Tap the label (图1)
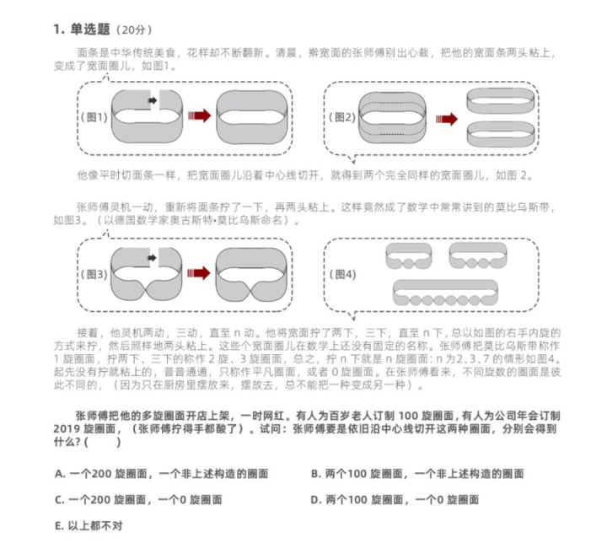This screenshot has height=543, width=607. (x=94, y=117)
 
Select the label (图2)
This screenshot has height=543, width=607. (x=345, y=117)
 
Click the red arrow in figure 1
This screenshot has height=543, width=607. (x=199, y=116)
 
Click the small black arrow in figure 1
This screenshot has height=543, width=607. (x=153, y=100)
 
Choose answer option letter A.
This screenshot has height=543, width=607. (x=59, y=473)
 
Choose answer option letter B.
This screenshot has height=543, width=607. (x=314, y=473)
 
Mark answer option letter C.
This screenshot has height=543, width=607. (x=59, y=499)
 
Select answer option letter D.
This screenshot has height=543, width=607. (x=314, y=499)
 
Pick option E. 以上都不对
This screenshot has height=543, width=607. (x=89, y=525)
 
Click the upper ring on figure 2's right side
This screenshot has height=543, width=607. (x=498, y=100)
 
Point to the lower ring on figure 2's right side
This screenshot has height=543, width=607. (x=498, y=135)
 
